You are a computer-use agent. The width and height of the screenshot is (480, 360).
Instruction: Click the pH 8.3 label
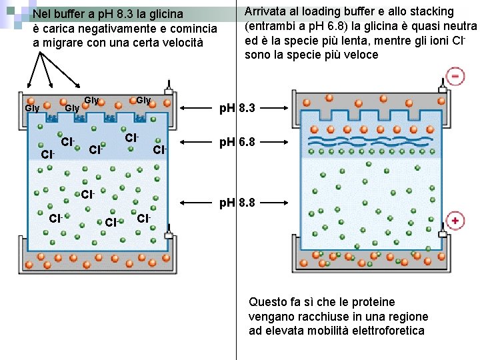coord(238,108)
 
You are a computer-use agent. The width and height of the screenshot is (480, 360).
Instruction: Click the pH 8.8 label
coord(238,201)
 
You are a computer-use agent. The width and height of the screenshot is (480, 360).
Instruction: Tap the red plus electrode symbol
coord(455,221)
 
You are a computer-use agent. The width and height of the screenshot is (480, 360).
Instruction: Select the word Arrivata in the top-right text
coord(266,11)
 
